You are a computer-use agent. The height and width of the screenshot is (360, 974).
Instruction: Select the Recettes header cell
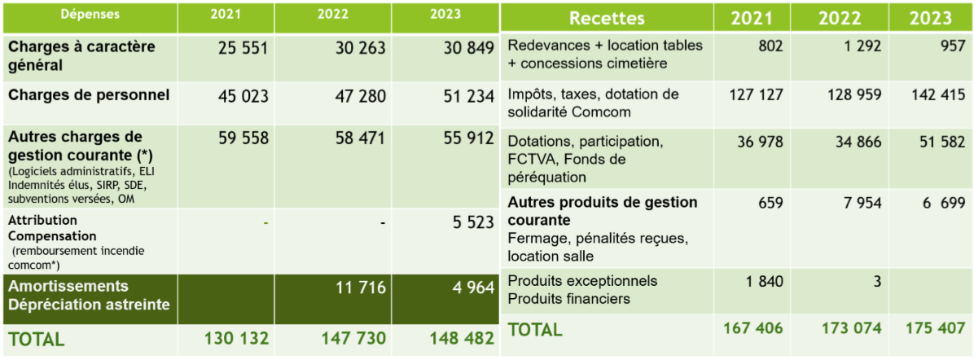607,18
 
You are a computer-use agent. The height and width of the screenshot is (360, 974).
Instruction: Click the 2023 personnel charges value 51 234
465,96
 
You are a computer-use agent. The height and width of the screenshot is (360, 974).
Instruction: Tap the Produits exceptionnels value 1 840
764,282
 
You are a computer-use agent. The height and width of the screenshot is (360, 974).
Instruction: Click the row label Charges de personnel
89,95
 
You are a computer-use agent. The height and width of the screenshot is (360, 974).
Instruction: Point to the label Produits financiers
568,299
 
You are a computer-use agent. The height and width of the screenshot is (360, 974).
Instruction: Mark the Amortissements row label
68,287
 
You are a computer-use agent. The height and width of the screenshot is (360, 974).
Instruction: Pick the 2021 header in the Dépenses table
225,15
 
